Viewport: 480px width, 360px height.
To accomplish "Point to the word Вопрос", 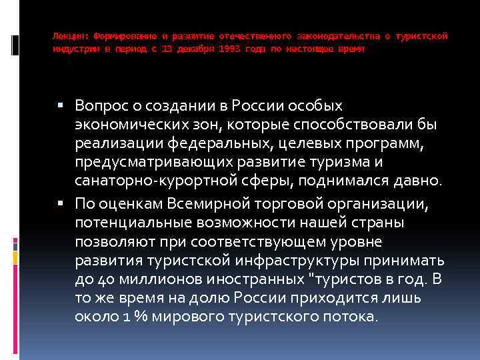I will click(98, 106).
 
